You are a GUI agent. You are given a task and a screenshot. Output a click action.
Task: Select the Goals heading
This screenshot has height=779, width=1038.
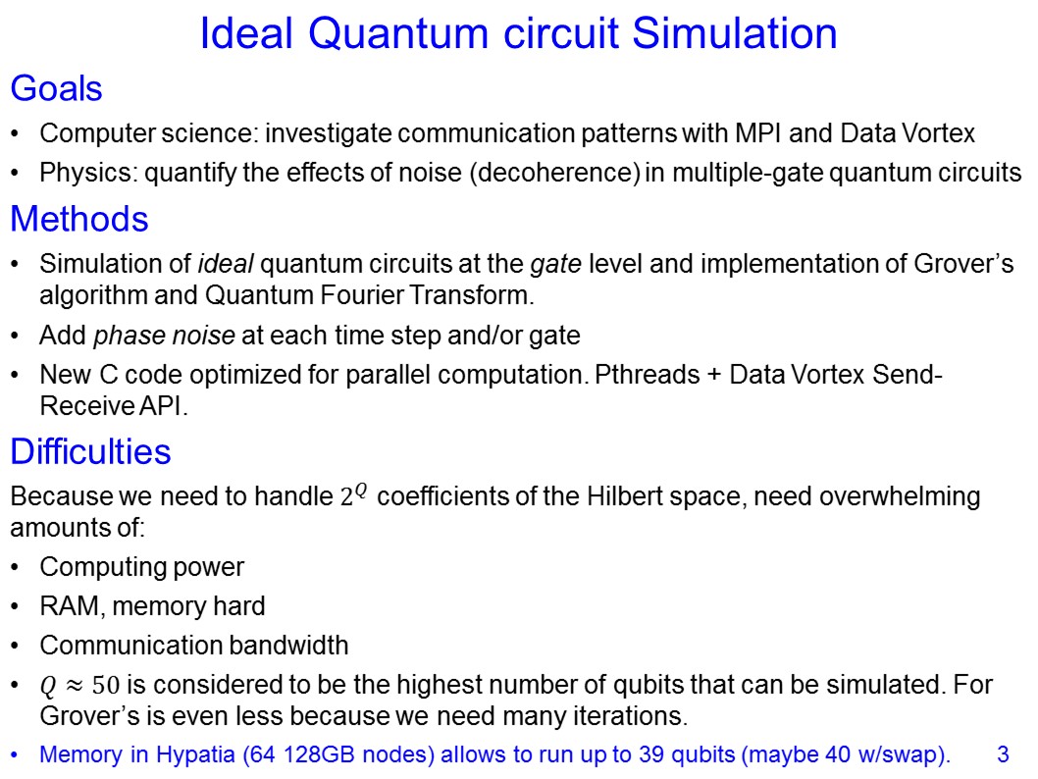pyautogui.click(x=56, y=89)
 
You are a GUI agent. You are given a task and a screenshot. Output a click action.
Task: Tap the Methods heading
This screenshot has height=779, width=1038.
pyautogui.click(x=78, y=219)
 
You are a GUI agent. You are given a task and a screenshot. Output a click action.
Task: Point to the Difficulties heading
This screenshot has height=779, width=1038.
pyautogui.click(x=90, y=452)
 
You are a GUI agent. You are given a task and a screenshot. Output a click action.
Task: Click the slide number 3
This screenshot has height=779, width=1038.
pyautogui.click(x=1003, y=755)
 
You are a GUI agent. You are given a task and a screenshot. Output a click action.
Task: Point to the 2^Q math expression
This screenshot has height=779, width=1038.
pyautogui.click(x=353, y=495)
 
